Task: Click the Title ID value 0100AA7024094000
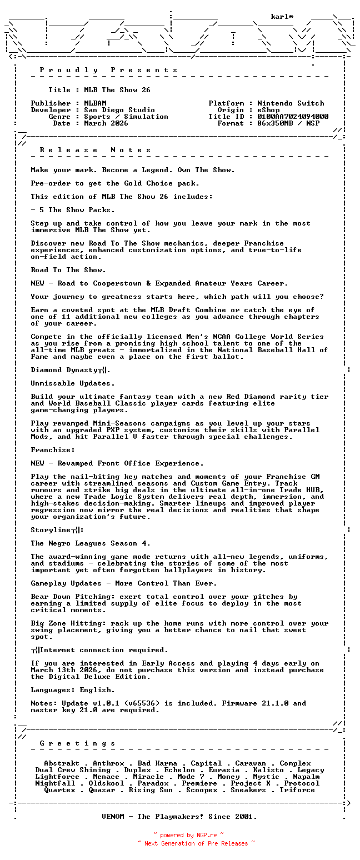coord(293,117)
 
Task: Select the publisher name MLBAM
coord(95,103)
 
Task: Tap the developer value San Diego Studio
coord(119,110)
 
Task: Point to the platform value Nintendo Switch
coord(291,103)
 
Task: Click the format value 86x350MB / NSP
coord(288,123)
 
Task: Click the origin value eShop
coord(268,110)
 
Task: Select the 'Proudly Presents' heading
coord(108,70)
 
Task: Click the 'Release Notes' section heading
coord(95,150)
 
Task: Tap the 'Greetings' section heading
coord(77,743)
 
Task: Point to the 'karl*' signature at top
coord(282,17)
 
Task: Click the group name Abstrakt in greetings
coord(62,763)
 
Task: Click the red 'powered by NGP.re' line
coord(188,834)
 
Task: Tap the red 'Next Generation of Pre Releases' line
coord(196,843)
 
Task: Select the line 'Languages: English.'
coord(73,690)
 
